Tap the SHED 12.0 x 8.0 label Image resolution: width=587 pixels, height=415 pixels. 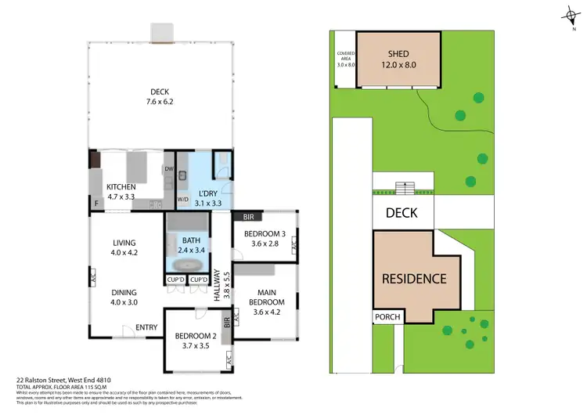click(397, 59)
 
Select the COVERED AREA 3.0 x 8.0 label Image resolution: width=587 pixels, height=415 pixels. click(345, 59)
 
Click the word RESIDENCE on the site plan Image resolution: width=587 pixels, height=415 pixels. click(414, 278)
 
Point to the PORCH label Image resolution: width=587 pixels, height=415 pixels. click(387, 317)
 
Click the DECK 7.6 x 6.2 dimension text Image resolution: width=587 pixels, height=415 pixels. click(160, 97)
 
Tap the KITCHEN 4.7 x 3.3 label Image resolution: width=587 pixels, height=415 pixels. click(122, 192)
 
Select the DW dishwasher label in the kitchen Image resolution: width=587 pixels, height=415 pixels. click(168, 169)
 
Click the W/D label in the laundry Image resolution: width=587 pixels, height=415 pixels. click(183, 200)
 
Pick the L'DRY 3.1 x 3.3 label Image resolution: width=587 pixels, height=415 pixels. click(207, 197)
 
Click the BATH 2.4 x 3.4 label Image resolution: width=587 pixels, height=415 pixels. click(192, 245)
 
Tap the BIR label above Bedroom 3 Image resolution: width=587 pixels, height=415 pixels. click(249, 216)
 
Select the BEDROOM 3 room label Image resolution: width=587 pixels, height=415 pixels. click(266, 239)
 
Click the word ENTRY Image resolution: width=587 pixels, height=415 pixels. click(146, 327)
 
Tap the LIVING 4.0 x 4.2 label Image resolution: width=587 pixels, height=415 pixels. click(124, 247)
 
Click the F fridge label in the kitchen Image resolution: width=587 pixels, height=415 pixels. click(95, 204)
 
